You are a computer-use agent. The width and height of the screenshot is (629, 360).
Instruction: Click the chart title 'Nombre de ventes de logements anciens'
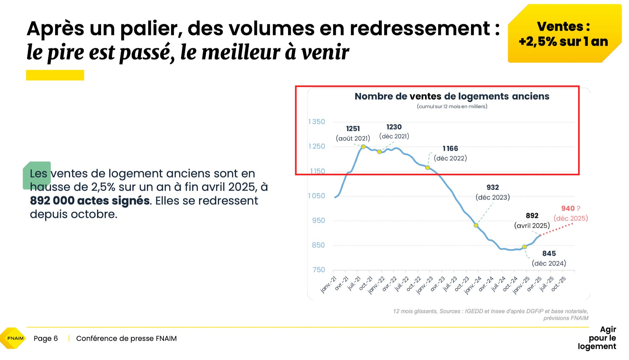pos(452,96)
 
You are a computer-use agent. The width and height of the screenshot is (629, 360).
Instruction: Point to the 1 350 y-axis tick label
pos(316,122)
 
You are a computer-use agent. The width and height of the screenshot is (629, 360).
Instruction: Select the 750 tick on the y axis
pos(319,270)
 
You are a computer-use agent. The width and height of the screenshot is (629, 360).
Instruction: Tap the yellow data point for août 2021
pos(363,147)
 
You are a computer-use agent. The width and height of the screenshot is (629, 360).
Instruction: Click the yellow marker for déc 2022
pos(427,168)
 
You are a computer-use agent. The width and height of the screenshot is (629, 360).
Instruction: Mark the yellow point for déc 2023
pos(476,225)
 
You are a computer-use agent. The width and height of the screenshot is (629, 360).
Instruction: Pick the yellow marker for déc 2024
pos(524,247)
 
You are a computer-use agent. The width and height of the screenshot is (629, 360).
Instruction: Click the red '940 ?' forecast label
pos(571,208)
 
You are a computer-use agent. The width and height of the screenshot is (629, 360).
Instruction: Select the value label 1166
pos(450,149)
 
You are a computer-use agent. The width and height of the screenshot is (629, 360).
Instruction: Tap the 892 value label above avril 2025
pos(532,216)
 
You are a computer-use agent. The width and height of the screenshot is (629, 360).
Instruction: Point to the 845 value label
pos(549,254)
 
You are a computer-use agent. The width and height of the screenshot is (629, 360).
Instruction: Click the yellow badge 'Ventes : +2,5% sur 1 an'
pos(564,33)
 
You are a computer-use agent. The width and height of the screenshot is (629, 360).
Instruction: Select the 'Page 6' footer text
pos(46,339)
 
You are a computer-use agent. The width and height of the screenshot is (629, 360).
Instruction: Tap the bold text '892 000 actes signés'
pos(90,200)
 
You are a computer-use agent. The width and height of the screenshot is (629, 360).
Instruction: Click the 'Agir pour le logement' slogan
pos(597,338)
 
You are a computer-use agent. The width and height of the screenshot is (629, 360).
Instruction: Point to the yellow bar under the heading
pos(55,75)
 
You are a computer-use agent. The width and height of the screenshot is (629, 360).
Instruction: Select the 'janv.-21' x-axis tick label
pos(329,285)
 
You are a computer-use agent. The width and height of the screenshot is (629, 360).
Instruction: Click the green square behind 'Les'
pos(37,175)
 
